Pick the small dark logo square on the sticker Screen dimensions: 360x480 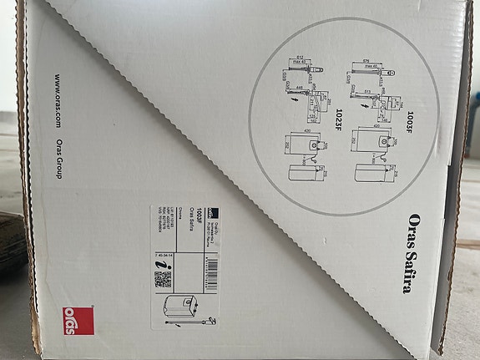(x=211, y=213)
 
